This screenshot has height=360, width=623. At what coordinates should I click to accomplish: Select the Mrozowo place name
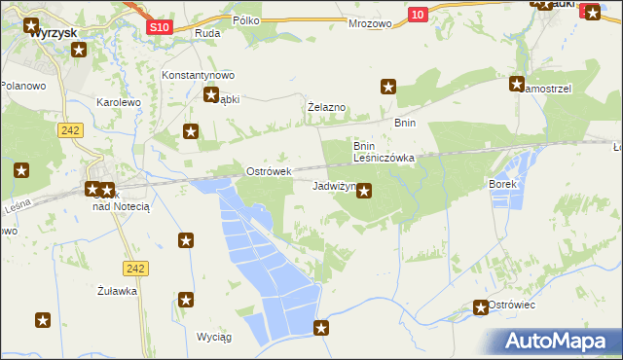click(x=370, y=19)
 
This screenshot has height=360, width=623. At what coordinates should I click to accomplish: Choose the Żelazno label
click(x=327, y=107)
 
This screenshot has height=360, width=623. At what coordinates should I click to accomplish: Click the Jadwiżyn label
click(x=332, y=185)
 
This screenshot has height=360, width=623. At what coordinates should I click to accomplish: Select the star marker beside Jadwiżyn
click(x=364, y=191)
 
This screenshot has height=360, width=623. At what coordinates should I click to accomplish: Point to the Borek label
click(x=506, y=183)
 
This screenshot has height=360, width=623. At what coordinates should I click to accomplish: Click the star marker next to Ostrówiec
click(x=480, y=307)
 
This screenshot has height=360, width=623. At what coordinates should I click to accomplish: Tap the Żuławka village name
click(x=117, y=290)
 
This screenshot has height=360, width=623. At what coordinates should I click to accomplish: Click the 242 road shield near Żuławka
click(x=135, y=267)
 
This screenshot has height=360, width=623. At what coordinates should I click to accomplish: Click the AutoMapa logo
click(x=555, y=342)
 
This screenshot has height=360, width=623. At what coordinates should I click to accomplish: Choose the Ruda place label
click(x=207, y=33)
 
